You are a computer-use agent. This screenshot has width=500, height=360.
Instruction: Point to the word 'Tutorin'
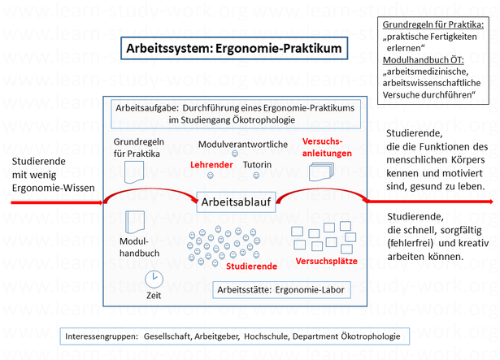258,163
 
